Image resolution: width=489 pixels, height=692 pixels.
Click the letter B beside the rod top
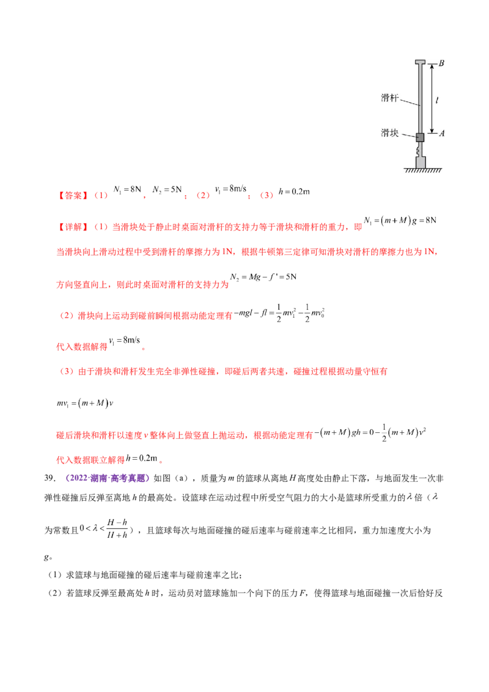coord(441,63)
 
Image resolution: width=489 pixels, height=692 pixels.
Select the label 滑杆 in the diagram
coord(390,97)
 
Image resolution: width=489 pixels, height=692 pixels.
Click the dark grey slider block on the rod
coord(420,138)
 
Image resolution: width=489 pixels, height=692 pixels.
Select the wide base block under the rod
coord(420,163)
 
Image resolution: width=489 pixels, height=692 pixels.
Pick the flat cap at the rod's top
coord(420,62)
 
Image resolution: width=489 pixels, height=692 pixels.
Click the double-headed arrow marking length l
coord(432,98)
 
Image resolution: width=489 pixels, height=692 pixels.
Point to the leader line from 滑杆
coord(410,102)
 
